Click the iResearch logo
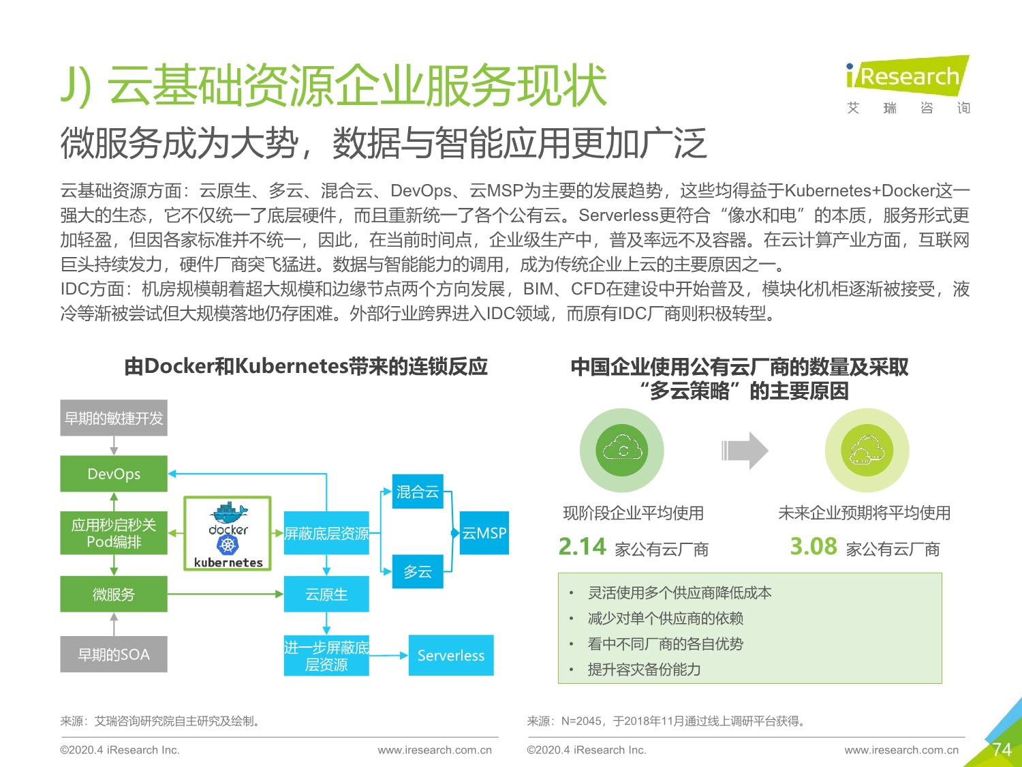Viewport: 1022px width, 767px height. pyautogui.click(x=908, y=85)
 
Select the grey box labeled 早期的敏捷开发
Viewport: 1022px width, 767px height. pyautogui.click(x=114, y=418)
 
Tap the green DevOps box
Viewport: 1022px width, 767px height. pyautogui.click(x=114, y=474)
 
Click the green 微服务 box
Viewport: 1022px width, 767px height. pyautogui.click(x=114, y=594)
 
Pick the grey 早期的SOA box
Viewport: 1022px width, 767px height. pyautogui.click(x=114, y=655)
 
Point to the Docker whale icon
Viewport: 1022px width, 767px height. pyautogui.click(x=229, y=513)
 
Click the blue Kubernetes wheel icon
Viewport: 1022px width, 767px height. pyautogui.click(x=228, y=545)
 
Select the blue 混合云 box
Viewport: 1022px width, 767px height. pyautogui.click(x=418, y=492)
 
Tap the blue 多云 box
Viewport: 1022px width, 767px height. pyautogui.click(x=418, y=571)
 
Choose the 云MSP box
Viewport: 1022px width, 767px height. pyautogui.click(x=484, y=532)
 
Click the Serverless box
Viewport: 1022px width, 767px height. pyautogui.click(x=451, y=655)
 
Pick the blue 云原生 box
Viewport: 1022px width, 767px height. pyautogui.click(x=326, y=594)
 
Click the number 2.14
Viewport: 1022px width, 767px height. pyautogui.click(x=582, y=546)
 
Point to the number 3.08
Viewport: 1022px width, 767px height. pyautogui.click(x=814, y=546)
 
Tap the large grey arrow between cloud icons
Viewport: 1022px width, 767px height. pyautogui.click(x=745, y=451)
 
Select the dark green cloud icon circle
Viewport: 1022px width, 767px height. pyautogui.click(x=622, y=451)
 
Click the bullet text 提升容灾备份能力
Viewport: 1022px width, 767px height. pyautogui.click(x=644, y=670)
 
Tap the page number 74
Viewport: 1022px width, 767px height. pyautogui.click(x=1002, y=749)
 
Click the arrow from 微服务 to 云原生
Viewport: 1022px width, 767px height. pyautogui.click(x=226, y=594)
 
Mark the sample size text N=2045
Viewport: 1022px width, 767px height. pyautogui.click(x=582, y=721)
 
